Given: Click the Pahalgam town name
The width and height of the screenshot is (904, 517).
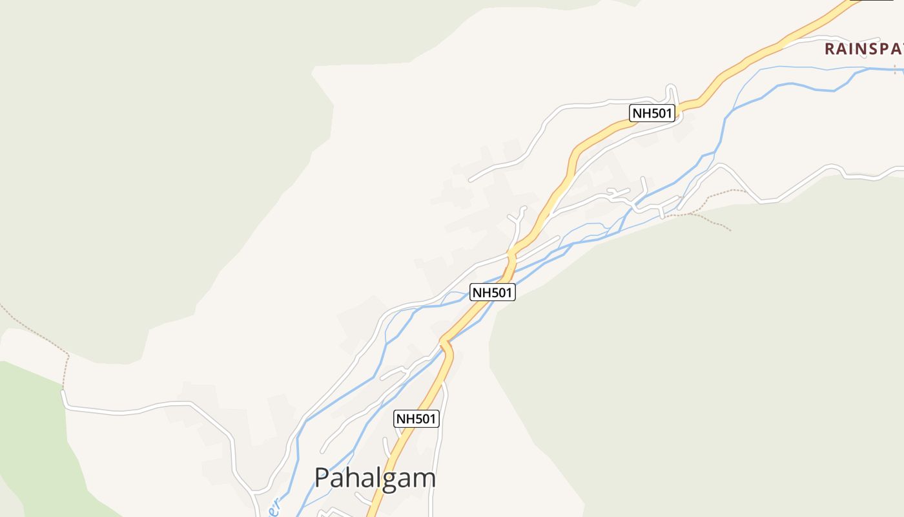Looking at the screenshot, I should click(375, 478).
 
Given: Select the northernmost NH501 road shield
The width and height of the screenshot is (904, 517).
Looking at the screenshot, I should click(652, 114).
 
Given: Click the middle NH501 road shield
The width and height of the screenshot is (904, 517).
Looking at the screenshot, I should click(492, 293).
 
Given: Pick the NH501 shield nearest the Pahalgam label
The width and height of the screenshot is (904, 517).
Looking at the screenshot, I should click(416, 419).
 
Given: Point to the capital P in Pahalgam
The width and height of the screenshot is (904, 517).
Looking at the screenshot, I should click(322, 478).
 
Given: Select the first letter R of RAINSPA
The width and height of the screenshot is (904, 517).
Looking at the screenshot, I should click(830, 48).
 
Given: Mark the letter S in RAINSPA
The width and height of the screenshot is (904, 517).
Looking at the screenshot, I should click(871, 48).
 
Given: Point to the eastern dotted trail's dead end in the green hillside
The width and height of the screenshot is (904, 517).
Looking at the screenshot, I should click(730, 230).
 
